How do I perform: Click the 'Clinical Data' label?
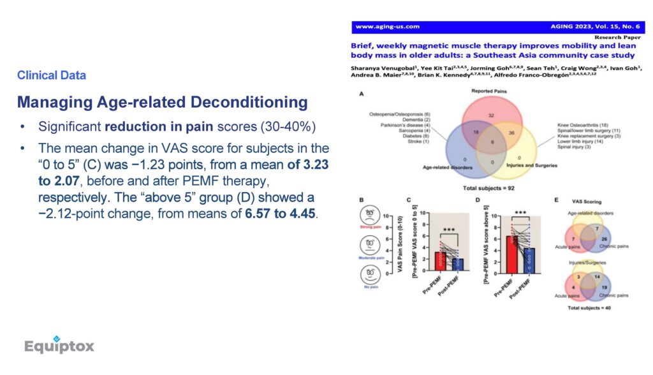52,75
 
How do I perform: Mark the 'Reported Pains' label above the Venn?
488,92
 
